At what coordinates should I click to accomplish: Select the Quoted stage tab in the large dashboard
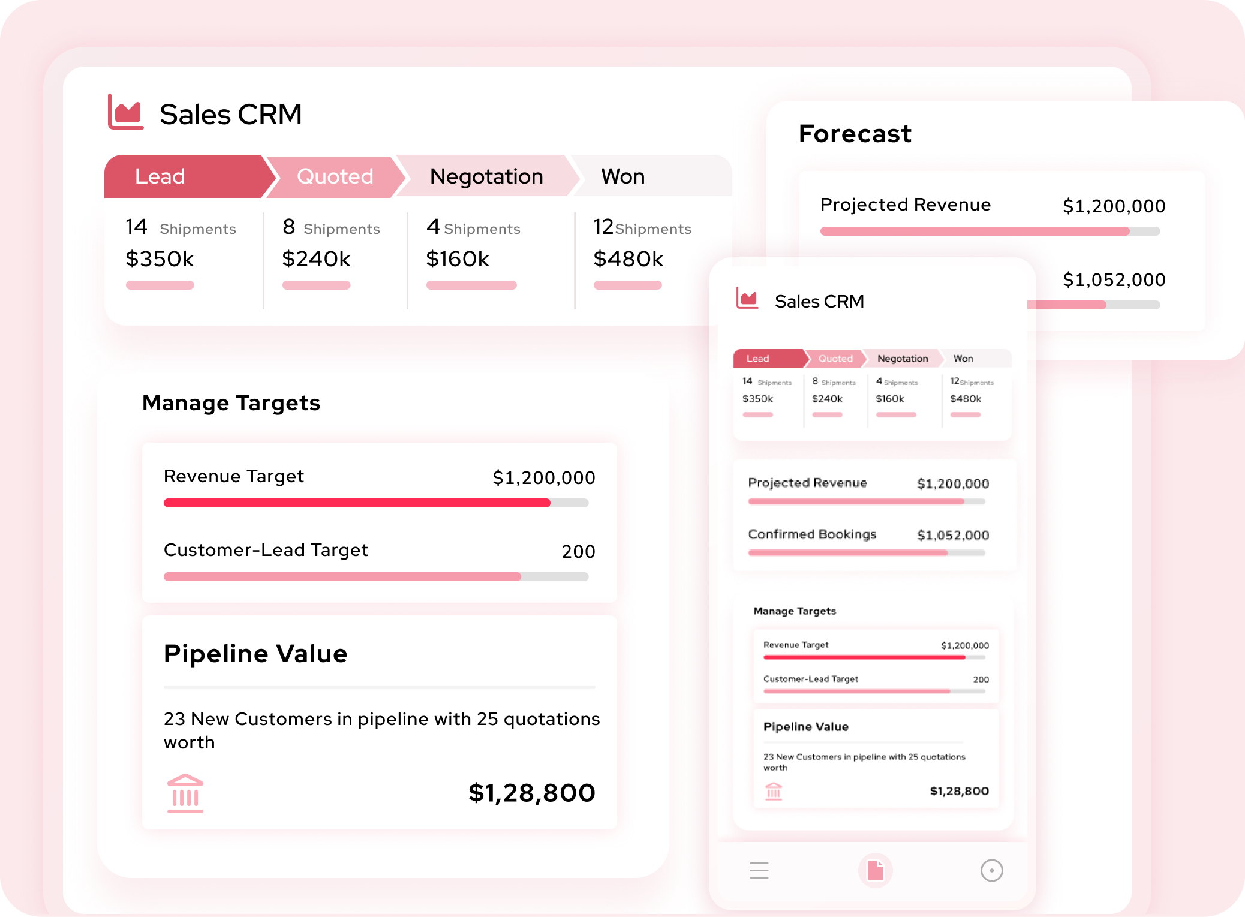point(335,176)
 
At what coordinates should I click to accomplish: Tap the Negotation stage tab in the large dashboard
point(486,176)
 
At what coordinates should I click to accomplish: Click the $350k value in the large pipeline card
point(160,259)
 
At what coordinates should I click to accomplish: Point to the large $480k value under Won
point(628,259)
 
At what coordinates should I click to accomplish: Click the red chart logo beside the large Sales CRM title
point(126,112)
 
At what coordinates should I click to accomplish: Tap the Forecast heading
point(855,133)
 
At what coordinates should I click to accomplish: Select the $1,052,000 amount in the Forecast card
point(1114,280)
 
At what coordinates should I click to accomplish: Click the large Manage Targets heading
point(231,403)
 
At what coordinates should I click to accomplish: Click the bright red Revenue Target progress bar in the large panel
point(357,503)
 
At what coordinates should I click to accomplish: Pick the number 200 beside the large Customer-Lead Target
point(578,552)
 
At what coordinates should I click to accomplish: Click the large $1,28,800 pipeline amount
point(531,793)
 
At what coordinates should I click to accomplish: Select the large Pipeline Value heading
point(255,654)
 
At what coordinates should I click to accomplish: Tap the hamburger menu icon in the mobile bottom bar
point(759,870)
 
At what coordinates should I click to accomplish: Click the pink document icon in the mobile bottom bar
point(876,870)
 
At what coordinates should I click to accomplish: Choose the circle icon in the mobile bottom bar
point(991,870)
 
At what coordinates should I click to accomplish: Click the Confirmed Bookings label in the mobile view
point(812,534)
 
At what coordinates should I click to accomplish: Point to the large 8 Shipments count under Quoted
point(330,228)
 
